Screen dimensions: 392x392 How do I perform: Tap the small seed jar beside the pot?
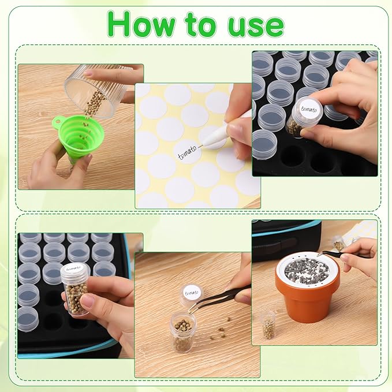(x=268, y=326)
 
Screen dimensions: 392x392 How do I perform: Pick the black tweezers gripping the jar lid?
(x=222, y=294)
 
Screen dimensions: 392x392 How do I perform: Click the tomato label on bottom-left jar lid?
(x=74, y=268)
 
